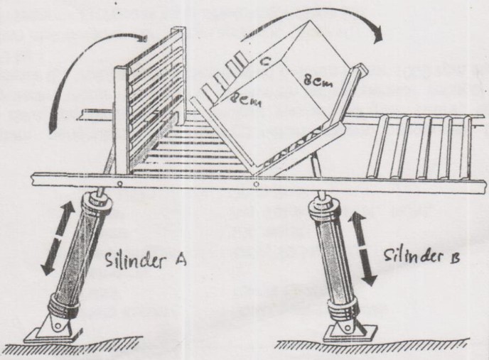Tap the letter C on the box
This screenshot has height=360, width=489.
pos(264,63)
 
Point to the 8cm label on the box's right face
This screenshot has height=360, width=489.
pos(318,82)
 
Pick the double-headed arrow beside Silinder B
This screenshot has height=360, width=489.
pos(362,249)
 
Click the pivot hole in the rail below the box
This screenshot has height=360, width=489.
pos(256,185)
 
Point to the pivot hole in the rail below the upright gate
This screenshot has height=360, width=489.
pos(119,185)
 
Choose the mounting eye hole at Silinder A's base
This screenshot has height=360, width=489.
pos(58,326)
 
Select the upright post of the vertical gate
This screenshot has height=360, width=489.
pos(122,120)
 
